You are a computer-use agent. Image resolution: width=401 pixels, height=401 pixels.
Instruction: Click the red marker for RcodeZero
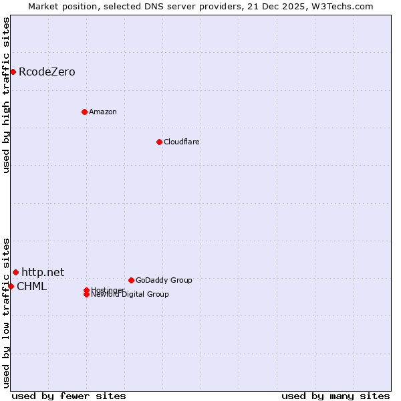13,72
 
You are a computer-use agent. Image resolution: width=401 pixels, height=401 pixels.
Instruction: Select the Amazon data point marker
84,112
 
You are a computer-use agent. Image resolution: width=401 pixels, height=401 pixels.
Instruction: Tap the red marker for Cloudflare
159,142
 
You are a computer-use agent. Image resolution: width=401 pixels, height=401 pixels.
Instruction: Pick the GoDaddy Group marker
131,280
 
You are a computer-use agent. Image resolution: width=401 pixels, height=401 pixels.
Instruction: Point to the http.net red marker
15,272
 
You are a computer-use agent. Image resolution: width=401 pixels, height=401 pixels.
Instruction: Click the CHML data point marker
11,286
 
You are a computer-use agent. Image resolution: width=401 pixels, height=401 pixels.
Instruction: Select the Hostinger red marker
86,290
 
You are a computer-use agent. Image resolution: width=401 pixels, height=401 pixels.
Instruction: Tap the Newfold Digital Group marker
86,294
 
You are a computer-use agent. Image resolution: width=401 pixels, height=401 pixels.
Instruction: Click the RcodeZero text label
47,72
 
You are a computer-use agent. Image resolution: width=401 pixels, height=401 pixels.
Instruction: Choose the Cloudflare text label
181,142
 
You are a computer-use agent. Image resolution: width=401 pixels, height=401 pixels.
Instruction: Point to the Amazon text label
102,112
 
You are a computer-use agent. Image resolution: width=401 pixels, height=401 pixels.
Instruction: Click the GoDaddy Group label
164,280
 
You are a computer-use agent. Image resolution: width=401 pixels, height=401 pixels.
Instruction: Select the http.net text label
43,272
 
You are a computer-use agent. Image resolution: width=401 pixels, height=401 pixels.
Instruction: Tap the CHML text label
31,287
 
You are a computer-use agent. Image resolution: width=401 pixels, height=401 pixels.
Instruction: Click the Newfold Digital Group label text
130,294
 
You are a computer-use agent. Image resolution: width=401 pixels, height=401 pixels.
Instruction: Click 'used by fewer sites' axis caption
69,396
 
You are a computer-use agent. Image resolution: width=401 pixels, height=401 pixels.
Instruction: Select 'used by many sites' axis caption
336,396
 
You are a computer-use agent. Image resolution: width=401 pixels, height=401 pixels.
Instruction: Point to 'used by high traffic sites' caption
6,96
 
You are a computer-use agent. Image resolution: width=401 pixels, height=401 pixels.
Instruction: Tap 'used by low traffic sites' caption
6,312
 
